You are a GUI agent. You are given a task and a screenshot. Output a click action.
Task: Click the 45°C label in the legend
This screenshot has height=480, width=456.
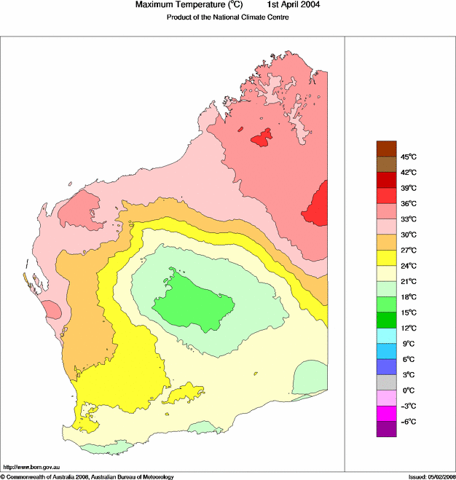point(408,157)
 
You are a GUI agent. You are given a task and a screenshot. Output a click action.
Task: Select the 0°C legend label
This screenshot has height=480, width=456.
point(408,390)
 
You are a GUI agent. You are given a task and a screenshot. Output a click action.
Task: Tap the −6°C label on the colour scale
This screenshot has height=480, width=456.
point(408,422)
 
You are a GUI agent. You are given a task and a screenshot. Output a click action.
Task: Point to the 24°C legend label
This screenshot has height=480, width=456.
point(408,266)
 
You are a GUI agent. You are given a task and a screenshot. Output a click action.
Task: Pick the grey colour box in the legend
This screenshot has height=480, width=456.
point(386,382)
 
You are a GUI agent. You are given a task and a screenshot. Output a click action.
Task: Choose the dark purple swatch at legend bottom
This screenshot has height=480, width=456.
point(386,429)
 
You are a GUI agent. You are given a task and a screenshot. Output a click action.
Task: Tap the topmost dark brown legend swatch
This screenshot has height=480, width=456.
point(386,149)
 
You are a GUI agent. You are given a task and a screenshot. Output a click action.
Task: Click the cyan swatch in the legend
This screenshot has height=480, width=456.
point(386,336)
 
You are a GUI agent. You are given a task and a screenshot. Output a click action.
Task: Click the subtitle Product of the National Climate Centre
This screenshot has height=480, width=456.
point(229,17)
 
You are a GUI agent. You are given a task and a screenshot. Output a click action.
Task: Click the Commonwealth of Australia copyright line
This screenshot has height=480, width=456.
point(87,476)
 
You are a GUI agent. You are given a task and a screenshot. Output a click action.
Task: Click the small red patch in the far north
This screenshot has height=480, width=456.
point(261,138)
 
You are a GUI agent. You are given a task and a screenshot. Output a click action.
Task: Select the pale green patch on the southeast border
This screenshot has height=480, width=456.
point(310,378)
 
